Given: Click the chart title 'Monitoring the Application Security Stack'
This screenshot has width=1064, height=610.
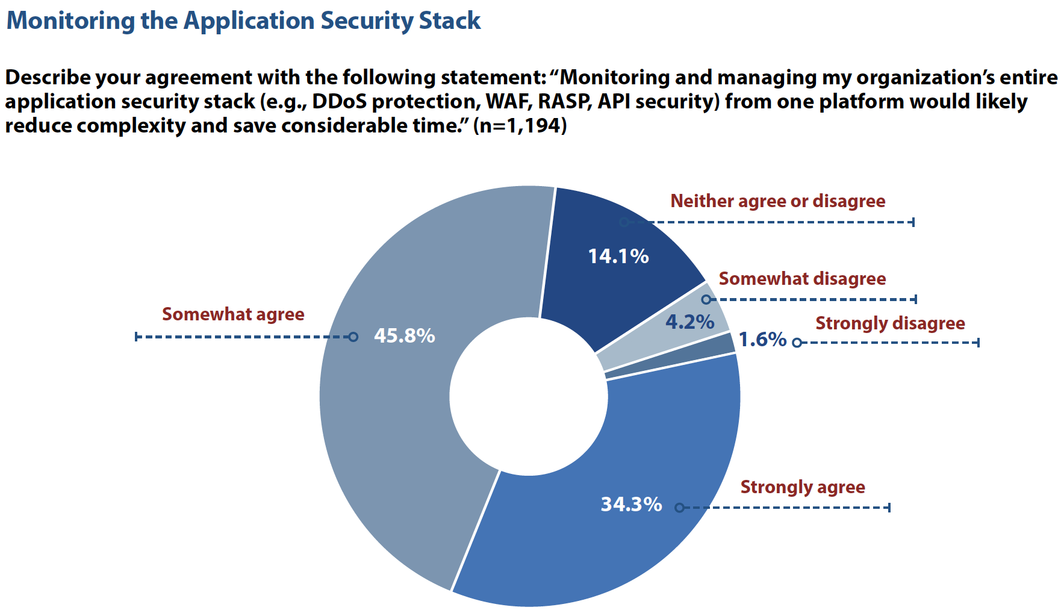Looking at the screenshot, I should [243, 20].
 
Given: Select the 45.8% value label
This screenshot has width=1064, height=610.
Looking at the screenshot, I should [404, 335].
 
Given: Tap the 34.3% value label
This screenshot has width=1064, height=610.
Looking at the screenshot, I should [631, 504].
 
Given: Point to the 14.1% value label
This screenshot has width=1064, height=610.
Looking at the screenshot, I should [618, 257].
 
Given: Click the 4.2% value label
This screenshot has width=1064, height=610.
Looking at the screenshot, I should [689, 322].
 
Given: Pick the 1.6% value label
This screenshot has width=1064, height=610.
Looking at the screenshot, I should [762, 340].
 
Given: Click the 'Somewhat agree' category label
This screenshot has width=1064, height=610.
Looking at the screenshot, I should [233, 314].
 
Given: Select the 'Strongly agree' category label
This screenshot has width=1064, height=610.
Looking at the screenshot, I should [803, 487].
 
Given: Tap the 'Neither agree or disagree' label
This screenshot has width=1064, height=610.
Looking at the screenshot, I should [778, 201].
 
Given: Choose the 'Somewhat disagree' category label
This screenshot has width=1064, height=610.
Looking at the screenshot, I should [802, 279].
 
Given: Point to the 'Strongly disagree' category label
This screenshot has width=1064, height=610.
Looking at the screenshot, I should [890, 323].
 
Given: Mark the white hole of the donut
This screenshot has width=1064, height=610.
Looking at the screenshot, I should [529, 396].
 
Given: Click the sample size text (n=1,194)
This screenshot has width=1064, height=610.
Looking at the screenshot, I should [520, 126].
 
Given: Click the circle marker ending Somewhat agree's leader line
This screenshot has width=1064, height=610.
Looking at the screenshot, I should [353, 337].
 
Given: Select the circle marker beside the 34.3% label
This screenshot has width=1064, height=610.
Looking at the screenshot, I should [679, 508].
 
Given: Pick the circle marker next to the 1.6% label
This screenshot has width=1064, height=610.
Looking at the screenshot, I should [797, 343].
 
